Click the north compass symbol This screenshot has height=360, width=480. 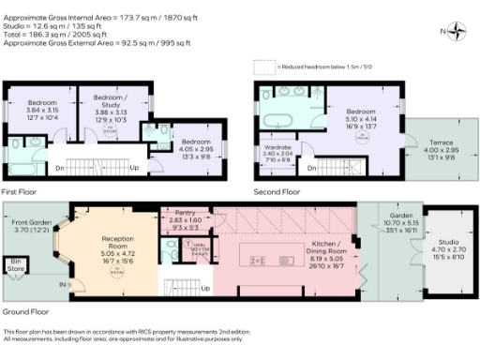pos(457,31)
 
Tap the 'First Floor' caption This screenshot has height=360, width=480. pos(20,190)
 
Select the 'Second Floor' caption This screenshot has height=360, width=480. pos(277,190)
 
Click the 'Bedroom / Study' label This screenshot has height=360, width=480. pos(112,101)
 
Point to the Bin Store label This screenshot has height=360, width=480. pos(16,266)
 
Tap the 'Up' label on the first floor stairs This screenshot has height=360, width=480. pos(134,169)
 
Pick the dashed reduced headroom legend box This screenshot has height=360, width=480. pos(260,67)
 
